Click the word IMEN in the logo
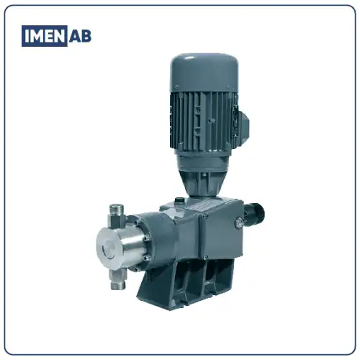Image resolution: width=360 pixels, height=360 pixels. pyautogui.click(x=44, y=36)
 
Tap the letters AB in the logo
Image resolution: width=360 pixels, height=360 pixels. pyautogui.click(x=80, y=36)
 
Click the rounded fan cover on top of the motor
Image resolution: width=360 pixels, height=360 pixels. pyautogui.click(x=204, y=72)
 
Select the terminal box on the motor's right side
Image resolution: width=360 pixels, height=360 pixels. pyautogui.click(x=242, y=126)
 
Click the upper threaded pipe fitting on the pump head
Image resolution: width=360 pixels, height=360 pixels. pyautogui.click(x=117, y=215)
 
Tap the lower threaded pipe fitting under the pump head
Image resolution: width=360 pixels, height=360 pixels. pyautogui.click(x=118, y=279)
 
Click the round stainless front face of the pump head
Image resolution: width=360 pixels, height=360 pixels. pyautogui.click(x=108, y=248)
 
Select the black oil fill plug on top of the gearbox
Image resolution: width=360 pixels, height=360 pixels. pyautogui.click(x=179, y=200)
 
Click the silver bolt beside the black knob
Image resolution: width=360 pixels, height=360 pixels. pyautogui.click(x=238, y=222)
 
